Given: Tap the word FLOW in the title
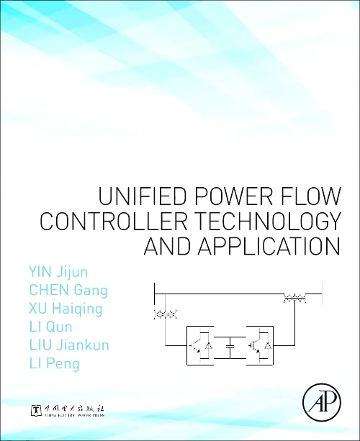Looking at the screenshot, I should tap(307, 196).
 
